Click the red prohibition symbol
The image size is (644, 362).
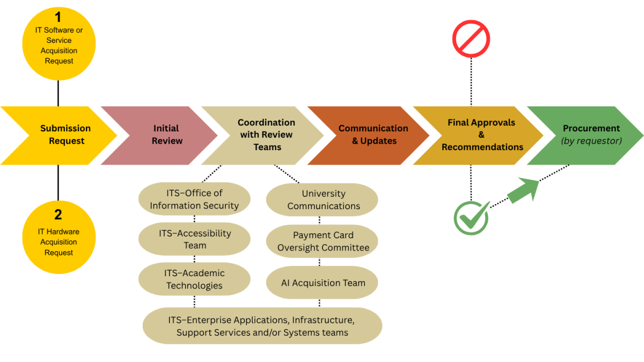(471, 39)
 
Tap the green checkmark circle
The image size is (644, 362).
(471, 218)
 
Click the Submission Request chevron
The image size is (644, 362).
(62, 135)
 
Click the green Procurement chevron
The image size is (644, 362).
(588, 135)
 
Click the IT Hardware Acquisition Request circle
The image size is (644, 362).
(58, 236)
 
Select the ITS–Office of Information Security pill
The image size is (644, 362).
(194, 199)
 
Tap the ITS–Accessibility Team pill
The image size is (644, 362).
(194, 239)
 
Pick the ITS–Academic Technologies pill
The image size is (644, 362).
(194, 279)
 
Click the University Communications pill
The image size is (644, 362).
(323, 200)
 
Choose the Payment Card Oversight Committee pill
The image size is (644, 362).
(323, 241)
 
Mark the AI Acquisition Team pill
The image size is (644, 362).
(323, 283)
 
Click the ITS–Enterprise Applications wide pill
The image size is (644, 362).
(262, 326)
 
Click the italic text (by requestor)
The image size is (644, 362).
(591, 141)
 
